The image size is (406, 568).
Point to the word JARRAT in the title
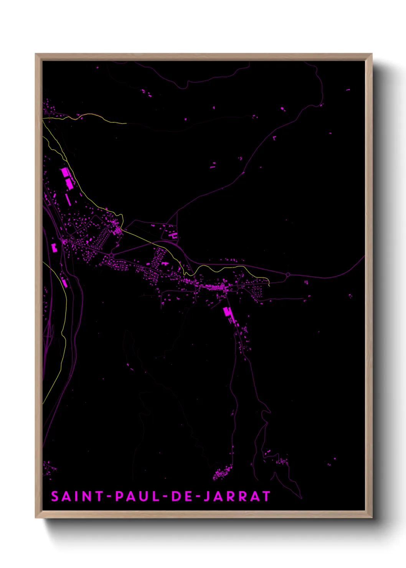click(237, 496)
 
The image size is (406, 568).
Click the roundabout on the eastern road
click(288, 274)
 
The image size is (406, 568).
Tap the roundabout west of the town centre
click(111, 255)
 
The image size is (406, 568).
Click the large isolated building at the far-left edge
click(54, 248)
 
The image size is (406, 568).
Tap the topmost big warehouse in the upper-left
click(65, 172)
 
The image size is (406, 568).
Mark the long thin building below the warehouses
click(68, 199)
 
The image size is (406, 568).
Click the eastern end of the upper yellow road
click(126, 124)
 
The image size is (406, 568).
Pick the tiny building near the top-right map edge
click(348, 90)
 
